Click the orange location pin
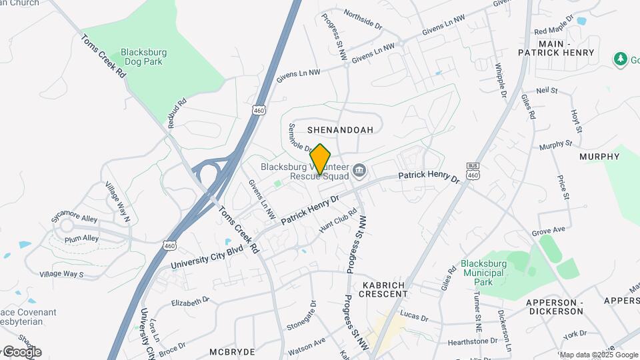pyautogui.click(x=321, y=159)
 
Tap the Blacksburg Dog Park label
pyautogui.click(x=143, y=57)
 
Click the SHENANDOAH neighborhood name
pyautogui.click(x=340, y=129)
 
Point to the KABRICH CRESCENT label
pyautogui.click(x=384, y=289)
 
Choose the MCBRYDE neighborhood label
pyautogui.click(x=233, y=351)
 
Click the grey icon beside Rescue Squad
pyautogui.click(x=359, y=171)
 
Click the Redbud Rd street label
pyautogui.click(x=177, y=113)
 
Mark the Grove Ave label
pyautogui.click(x=548, y=233)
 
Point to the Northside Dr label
pyautogui.click(x=363, y=18)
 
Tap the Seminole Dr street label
pyautogui.click(x=301, y=137)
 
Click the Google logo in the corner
pyautogui.click(x=22, y=351)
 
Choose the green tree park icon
pyautogui.click(x=621, y=59)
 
